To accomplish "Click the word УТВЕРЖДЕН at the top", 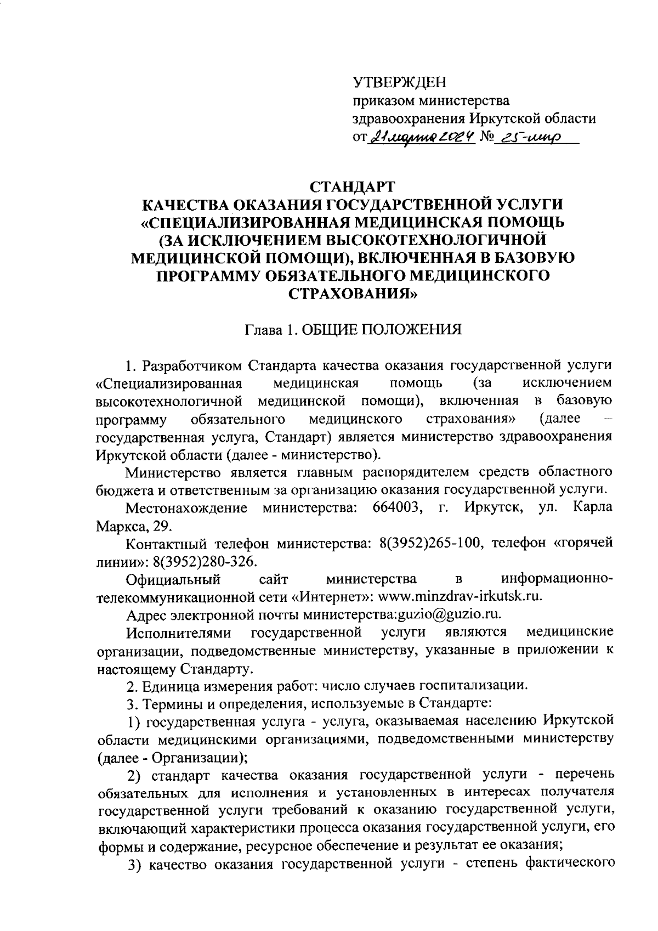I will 399,83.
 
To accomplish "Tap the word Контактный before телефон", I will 166,543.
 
